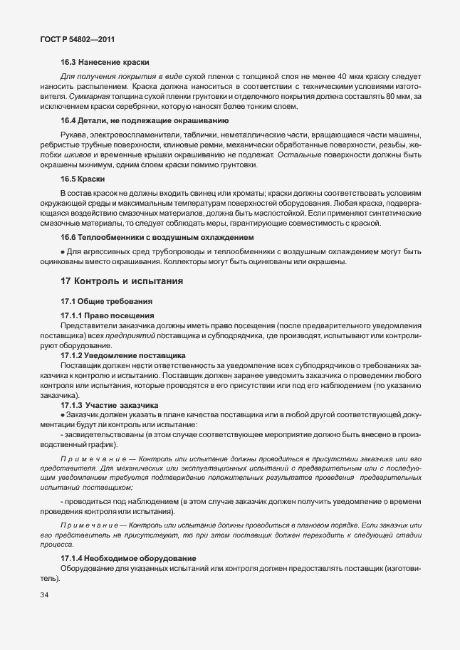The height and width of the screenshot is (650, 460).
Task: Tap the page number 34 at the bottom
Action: (x=45, y=594)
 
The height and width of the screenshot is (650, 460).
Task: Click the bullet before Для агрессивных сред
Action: (x=63, y=251)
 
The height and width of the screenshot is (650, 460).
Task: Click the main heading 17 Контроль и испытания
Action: (x=122, y=281)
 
